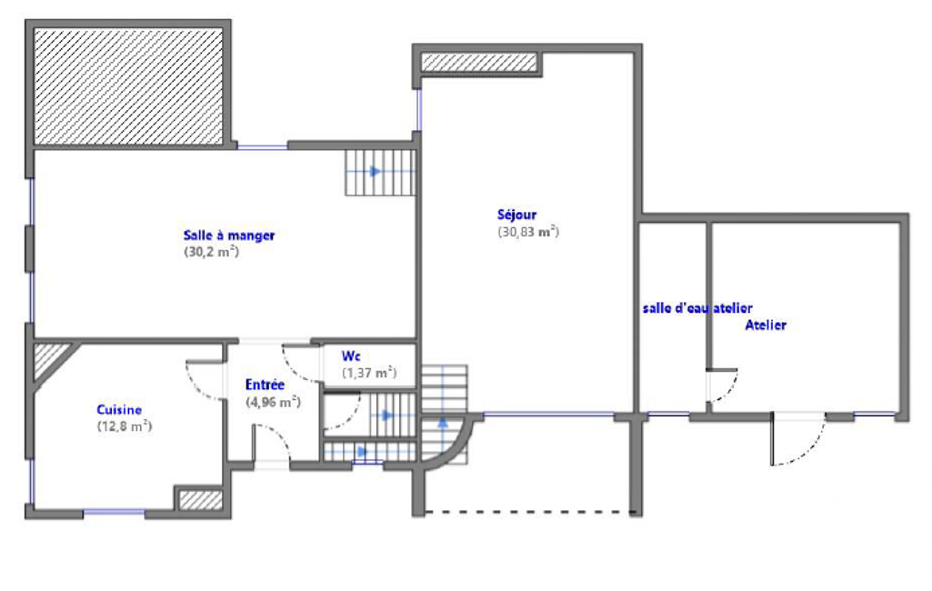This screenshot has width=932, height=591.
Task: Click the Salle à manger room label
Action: pos(229,235)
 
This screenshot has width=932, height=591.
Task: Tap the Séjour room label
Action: pos(516,215)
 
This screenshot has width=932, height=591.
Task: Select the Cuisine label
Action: pos(119,410)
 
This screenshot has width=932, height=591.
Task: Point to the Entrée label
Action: pos(265,385)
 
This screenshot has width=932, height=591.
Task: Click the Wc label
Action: pos(351,356)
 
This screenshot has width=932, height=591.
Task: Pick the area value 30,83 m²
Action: pos(528,232)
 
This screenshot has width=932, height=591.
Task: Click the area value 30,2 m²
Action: pos(211,252)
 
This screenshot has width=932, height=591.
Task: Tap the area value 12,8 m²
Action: pos(125,426)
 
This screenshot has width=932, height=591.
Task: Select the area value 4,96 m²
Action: pos(273,402)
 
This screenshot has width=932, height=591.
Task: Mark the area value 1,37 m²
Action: pos(369,373)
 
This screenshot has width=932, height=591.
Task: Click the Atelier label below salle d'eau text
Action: pos(766,326)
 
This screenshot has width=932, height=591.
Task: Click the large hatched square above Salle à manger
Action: pos(128,86)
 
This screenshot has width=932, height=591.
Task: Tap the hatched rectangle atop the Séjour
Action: pos(479,63)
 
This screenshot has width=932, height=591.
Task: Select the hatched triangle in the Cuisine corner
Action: pos(47,356)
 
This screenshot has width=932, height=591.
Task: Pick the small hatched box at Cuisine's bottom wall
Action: pos(201,499)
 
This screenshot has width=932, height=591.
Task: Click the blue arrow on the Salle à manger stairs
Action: pos(375,171)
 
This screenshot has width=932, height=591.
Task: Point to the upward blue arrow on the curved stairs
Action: pos(443,424)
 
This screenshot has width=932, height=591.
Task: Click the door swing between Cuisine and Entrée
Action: pos(205,380)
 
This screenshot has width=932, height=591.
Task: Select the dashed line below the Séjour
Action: pos(530,512)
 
